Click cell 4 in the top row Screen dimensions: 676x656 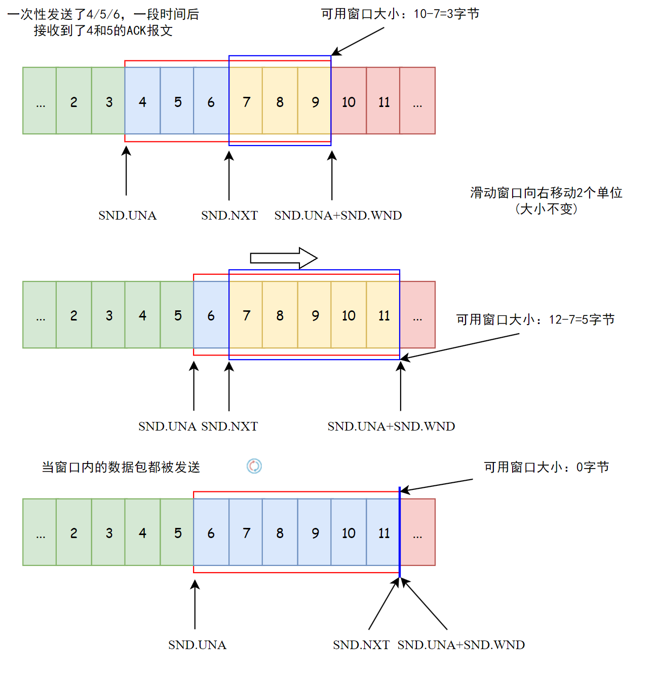142,101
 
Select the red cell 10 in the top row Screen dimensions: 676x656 349,101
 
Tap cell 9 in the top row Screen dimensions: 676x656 315,101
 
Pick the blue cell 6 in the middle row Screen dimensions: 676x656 211,315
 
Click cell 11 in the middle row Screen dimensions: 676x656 384,315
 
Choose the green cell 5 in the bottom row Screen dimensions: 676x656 177,532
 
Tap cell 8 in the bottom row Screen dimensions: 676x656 280,532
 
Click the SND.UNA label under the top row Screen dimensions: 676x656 127,216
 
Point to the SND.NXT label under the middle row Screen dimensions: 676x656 229,426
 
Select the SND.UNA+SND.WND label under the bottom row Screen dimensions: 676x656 461,645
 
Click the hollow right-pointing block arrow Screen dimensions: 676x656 284,258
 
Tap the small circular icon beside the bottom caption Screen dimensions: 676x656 254,466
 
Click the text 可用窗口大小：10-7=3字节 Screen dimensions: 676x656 400,14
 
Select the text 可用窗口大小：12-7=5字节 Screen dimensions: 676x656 535,319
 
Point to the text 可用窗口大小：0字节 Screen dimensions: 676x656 546,467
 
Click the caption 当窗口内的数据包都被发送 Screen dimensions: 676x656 121,467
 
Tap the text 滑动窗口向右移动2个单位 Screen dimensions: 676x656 546,193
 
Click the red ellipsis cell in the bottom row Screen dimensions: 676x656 417,532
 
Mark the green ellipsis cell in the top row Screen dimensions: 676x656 40,101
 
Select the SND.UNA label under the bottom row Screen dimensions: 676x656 197,645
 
